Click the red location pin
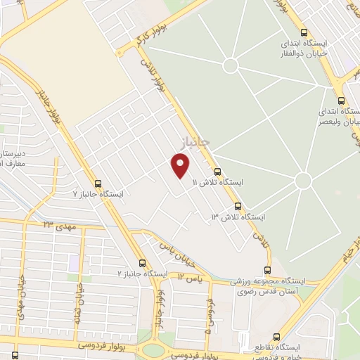pos(181,166)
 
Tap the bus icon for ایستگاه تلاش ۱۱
pos(217,172)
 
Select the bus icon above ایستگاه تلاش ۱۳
pos(238,207)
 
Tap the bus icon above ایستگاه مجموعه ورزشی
pos(268,270)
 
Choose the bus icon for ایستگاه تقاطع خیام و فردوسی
pos(276,337)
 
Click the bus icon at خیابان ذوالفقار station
pos(304,32)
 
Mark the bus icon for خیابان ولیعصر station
pos(341,101)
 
